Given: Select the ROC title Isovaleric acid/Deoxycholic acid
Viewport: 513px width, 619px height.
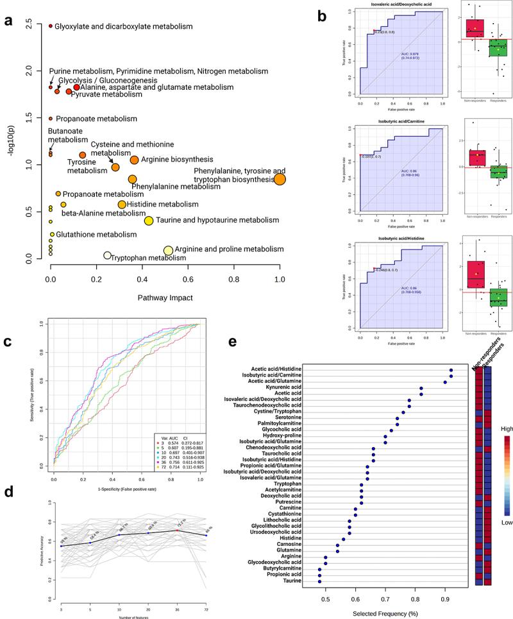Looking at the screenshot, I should [401, 6].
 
